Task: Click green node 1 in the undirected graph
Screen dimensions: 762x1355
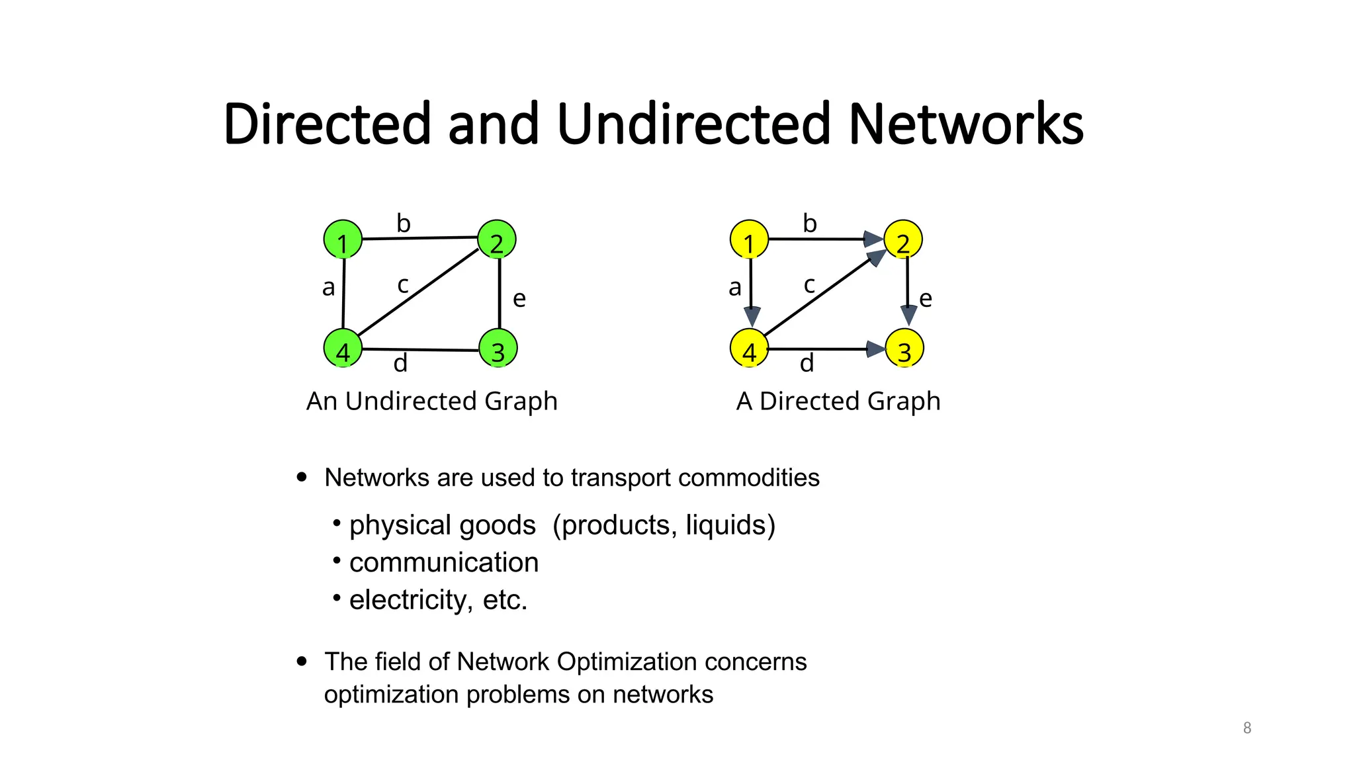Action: pyautogui.click(x=343, y=239)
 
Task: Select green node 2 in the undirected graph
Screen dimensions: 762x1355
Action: pyautogui.click(x=496, y=239)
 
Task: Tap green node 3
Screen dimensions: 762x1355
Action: pyautogui.click(x=498, y=349)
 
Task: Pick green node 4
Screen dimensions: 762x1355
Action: pyautogui.click(x=343, y=349)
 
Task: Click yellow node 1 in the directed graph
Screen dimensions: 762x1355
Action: pyautogui.click(x=749, y=239)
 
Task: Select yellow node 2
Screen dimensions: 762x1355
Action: pyautogui.click(x=903, y=239)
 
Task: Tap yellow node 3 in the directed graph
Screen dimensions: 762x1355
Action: pyautogui.click(x=904, y=349)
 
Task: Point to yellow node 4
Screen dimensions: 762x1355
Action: pyautogui.click(x=749, y=349)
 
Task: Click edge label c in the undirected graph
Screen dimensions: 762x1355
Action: pyautogui.click(x=402, y=286)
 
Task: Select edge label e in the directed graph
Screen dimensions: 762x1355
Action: pyautogui.click(x=926, y=299)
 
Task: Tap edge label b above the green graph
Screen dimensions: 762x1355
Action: pyautogui.click(x=404, y=224)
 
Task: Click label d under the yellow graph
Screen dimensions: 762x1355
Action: pyautogui.click(x=807, y=363)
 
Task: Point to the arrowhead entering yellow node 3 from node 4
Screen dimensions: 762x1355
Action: pyautogui.click(x=876, y=349)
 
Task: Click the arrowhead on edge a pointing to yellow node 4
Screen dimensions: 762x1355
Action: pyautogui.click(x=752, y=316)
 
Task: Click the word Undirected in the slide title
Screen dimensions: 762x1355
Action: pyautogui.click(x=693, y=124)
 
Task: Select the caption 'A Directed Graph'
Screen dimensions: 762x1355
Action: pyautogui.click(x=838, y=401)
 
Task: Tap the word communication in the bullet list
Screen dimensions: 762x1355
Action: pyautogui.click(x=444, y=563)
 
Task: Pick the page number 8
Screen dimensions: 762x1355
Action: pyautogui.click(x=1247, y=728)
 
